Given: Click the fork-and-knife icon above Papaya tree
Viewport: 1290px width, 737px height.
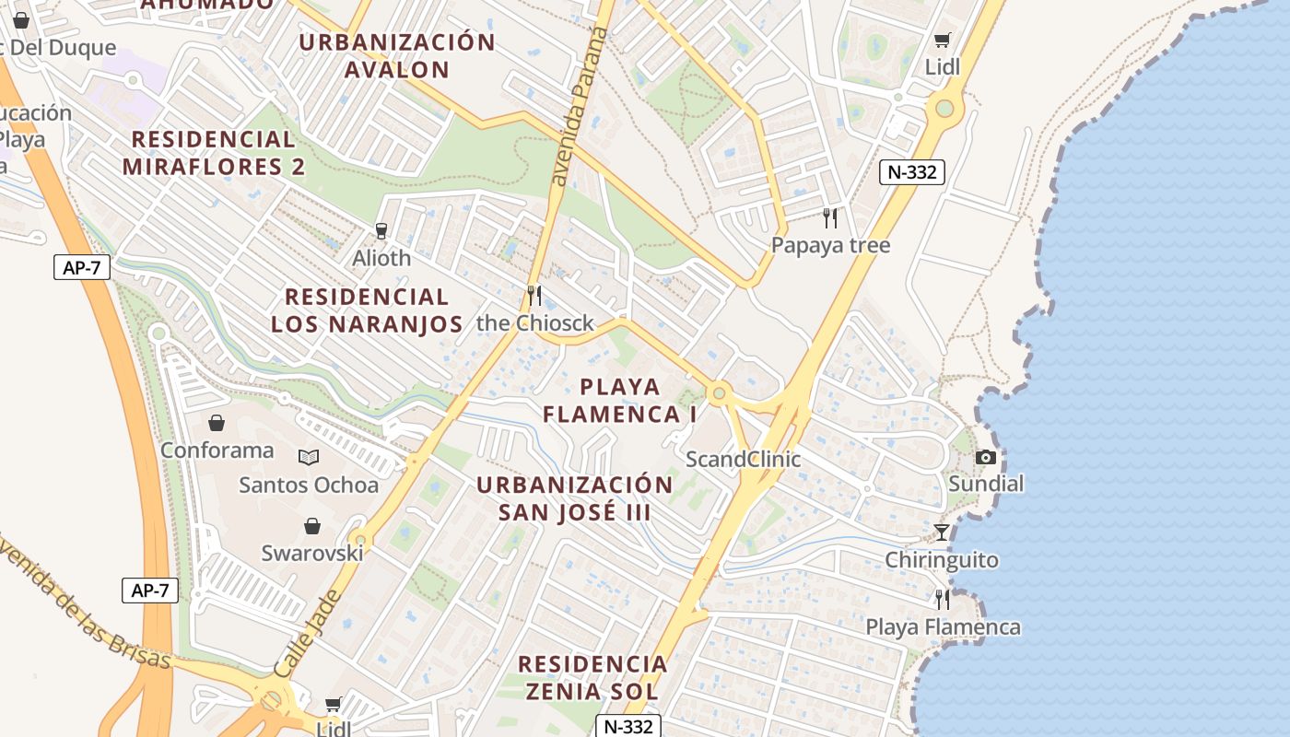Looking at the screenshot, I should [x=830, y=218].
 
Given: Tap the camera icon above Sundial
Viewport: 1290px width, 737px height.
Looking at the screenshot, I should [x=986, y=457].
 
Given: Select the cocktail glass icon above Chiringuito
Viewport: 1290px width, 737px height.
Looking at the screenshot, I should [x=941, y=532].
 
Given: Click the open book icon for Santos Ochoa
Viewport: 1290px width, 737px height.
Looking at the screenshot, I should [x=309, y=457].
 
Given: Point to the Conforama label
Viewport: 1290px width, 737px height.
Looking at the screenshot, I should [x=217, y=450].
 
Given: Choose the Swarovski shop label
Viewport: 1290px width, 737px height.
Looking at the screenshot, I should [x=312, y=553].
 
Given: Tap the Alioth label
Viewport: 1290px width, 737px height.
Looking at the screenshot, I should [x=381, y=258].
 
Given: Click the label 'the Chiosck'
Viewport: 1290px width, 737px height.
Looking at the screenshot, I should [x=535, y=323].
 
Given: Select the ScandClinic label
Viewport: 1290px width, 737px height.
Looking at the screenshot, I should [x=744, y=459].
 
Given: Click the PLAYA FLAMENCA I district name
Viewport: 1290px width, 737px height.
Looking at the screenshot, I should [x=620, y=401].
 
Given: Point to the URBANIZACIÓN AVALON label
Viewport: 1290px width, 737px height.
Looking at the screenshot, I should [x=398, y=55].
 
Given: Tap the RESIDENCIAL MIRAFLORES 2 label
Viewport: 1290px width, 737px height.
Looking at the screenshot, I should [x=214, y=153].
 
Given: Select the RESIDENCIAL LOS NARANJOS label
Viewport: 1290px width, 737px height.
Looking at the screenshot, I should [x=367, y=310].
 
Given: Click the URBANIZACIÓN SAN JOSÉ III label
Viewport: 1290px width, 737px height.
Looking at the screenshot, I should [x=575, y=498].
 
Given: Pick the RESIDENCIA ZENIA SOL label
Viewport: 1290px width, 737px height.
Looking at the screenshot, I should [x=592, y=677].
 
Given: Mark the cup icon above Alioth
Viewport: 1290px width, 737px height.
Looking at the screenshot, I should [x=381, y=230].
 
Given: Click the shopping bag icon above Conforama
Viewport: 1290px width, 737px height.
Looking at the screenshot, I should [x=217, y=423].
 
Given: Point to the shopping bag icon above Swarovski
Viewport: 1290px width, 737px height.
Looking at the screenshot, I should [x=312, y=526].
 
